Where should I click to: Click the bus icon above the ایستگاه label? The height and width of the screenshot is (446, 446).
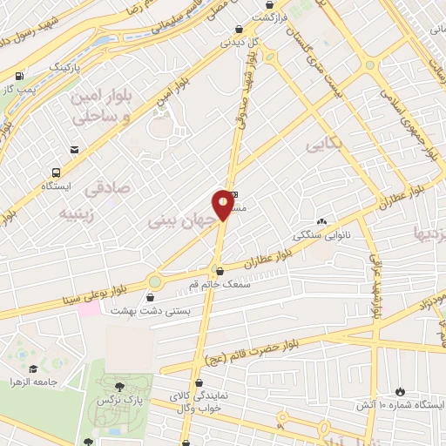coord(57,172)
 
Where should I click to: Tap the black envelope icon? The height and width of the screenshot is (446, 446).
coord(77,151)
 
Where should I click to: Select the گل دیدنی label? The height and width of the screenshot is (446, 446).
coord(238,41)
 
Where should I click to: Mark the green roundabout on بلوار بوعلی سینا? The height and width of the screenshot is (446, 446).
coord(156,282)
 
